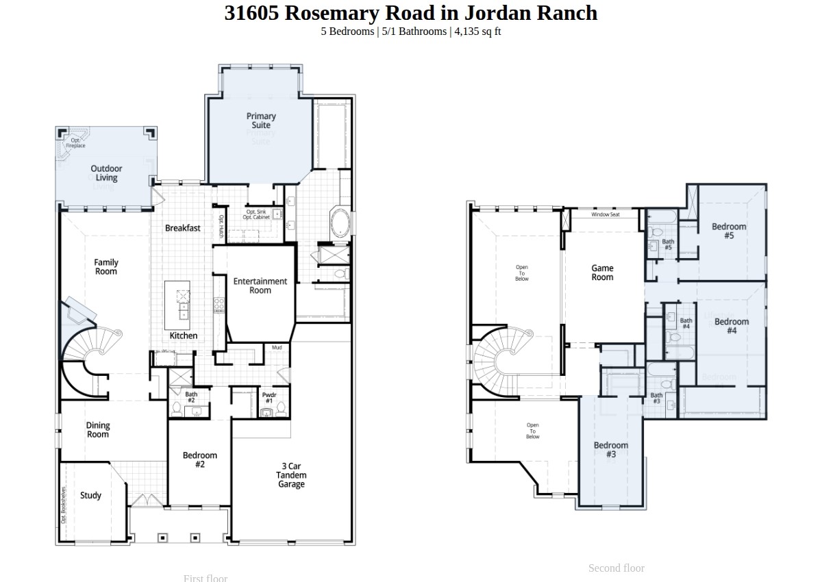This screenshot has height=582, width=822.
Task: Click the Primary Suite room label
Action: (261, 121)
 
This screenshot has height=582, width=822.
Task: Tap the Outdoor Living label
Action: (106, 173)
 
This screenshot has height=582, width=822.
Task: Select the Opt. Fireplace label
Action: (75, 143)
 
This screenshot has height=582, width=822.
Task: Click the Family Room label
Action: (106, 267)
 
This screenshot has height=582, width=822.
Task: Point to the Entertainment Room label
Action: (260, 286)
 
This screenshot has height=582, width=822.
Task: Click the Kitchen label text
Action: (184, 336)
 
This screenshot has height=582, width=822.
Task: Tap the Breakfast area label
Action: (183, 228)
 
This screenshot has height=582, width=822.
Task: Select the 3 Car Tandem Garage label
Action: (291, 475)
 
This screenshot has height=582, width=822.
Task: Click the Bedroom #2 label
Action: (199, 460)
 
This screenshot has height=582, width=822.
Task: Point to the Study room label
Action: (90, 496)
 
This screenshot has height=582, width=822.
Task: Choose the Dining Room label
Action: (97, 430)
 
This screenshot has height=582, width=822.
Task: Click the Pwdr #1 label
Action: (269, 398)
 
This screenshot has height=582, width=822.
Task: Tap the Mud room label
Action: (277, 348)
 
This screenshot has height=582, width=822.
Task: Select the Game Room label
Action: (602, 273)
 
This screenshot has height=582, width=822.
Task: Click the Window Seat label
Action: (606, 215)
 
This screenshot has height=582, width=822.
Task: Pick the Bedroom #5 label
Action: (729, 231)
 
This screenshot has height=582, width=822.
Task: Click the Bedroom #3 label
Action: (611, 450)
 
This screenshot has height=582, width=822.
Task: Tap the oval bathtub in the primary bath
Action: (340, 223)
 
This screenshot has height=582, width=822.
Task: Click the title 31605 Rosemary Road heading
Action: (411, 13)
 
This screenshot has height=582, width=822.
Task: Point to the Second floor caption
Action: (616, 568)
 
